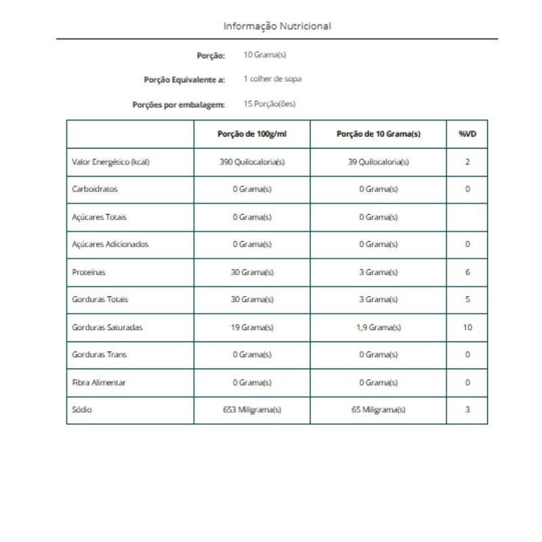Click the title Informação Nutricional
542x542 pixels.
[277, 26]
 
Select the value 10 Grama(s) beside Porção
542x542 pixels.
[260, 54]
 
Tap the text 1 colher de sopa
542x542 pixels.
[272, 79]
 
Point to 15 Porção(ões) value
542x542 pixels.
[269, 104]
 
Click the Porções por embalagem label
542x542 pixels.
[178, 105]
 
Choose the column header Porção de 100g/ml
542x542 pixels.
[252, 134]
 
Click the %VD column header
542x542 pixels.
[467, 134]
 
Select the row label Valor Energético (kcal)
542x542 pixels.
[110, 162]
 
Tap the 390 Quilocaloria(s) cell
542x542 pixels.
[252, 162]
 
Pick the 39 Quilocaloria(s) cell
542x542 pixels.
[378, 162]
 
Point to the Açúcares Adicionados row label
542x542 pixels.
[110, 245]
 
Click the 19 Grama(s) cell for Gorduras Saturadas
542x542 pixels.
[252, 327]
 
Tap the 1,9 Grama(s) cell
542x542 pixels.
[378, 327]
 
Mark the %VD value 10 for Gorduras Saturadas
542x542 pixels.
[467, 327]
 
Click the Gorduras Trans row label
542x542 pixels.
[99, 355]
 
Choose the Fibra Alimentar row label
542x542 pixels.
[99, 382]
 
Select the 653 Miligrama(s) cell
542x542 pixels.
[252, 410]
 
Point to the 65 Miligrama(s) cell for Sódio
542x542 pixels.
[378, 410]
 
